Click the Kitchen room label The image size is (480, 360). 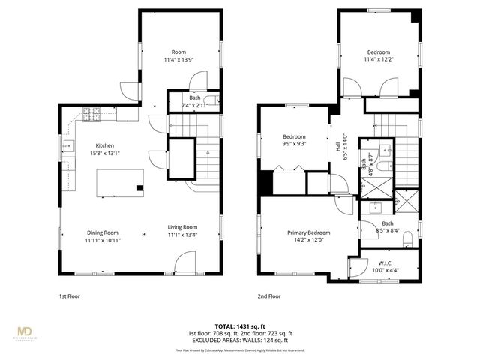[x=104, y=145]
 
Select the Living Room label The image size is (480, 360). [x=181, y=227]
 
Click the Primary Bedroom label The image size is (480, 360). [x=309, y=232]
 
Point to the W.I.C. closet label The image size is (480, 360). [x=385, y=263]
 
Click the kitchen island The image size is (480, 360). [x=121, y=181]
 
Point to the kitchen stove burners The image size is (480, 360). [x=91, y=114]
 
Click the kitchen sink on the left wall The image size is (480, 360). [x=67, y=146]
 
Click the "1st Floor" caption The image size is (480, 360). [x=70, y=295]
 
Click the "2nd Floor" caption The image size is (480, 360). [x=269, y=295]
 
